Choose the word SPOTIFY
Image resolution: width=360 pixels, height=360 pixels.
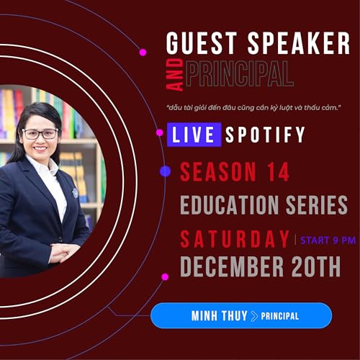click(265, 135)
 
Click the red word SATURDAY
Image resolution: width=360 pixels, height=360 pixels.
click(235, 238)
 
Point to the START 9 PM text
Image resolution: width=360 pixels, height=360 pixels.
click(328, 240)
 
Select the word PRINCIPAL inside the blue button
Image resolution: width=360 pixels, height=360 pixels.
click(280, 316)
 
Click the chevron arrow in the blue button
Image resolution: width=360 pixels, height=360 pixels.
click(253, 316)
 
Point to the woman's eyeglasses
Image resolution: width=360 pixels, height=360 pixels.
click(40, 133)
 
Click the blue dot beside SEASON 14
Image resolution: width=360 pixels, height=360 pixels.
click(165, 171)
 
